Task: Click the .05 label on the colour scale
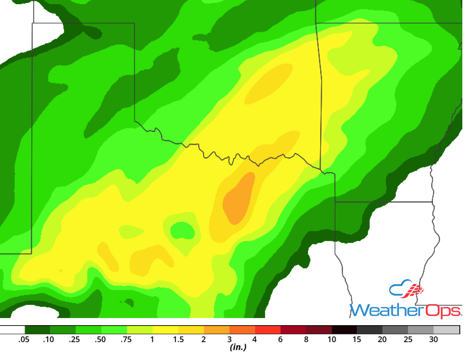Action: [24, 339]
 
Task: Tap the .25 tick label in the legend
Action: [75, 339]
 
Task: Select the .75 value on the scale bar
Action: [127, 339]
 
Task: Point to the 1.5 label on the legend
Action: [178, 339]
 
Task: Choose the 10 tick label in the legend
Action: [332, 339]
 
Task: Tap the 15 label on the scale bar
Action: [357, 339]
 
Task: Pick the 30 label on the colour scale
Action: [433, 339]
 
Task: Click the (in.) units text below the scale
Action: [237, 347]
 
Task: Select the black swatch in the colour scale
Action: [345, 330]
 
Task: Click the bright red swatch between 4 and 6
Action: [268, 330]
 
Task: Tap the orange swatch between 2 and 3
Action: [217, 330]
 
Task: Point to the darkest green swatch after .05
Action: [37, 330]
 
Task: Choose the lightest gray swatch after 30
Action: [446, 330]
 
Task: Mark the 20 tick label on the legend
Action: [382, 339]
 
